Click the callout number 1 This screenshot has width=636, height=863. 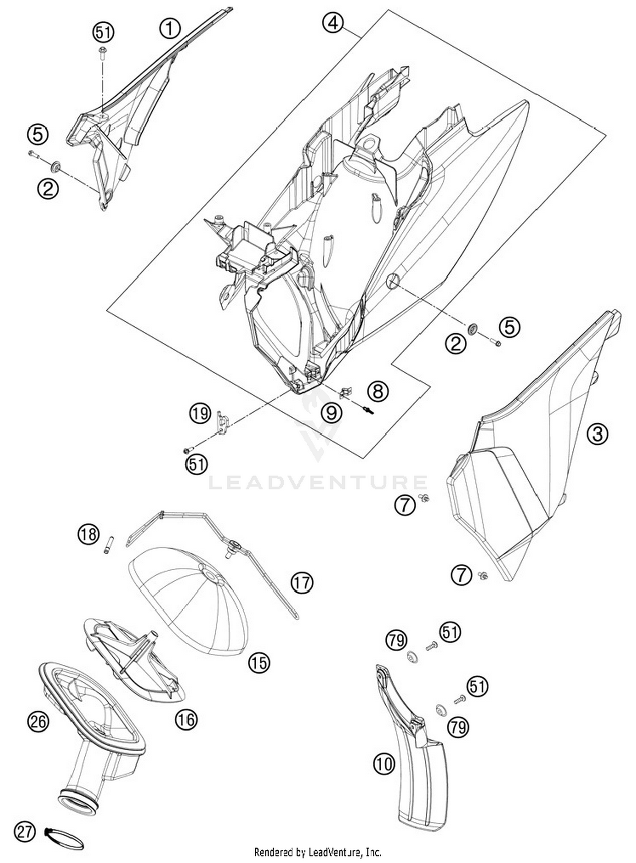coord(170,29)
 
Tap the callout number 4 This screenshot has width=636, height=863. coord(333,22)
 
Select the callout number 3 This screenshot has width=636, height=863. coord(597,434)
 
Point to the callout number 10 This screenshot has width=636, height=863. coord(384,764)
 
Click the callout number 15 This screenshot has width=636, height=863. coord(259,663)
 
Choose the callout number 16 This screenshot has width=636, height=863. coord(186,719)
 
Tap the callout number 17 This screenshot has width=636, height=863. coord(302,583)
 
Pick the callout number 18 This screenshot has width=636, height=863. coord(88,534)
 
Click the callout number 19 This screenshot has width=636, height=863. coord(200,413)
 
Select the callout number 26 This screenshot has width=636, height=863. coord(38,721)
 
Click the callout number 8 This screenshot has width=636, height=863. coord(378,391)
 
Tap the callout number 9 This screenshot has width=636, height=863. coord(331,412)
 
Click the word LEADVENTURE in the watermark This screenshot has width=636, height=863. coord(318,482)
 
